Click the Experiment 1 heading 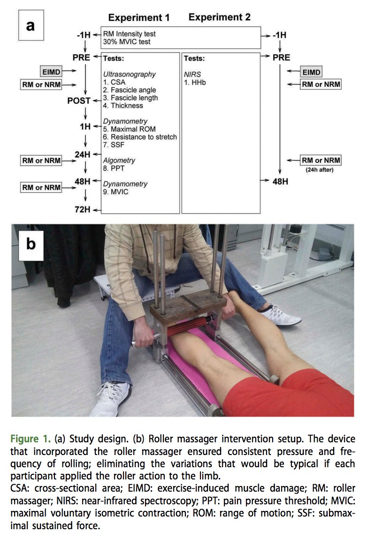pos(139,18)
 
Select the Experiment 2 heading pos(219,17)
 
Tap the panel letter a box pos(31,25)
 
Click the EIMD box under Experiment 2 pos(311,72)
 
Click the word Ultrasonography pos(129,74)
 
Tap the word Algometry pos(119,160)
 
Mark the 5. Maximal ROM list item pos(129,129)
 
